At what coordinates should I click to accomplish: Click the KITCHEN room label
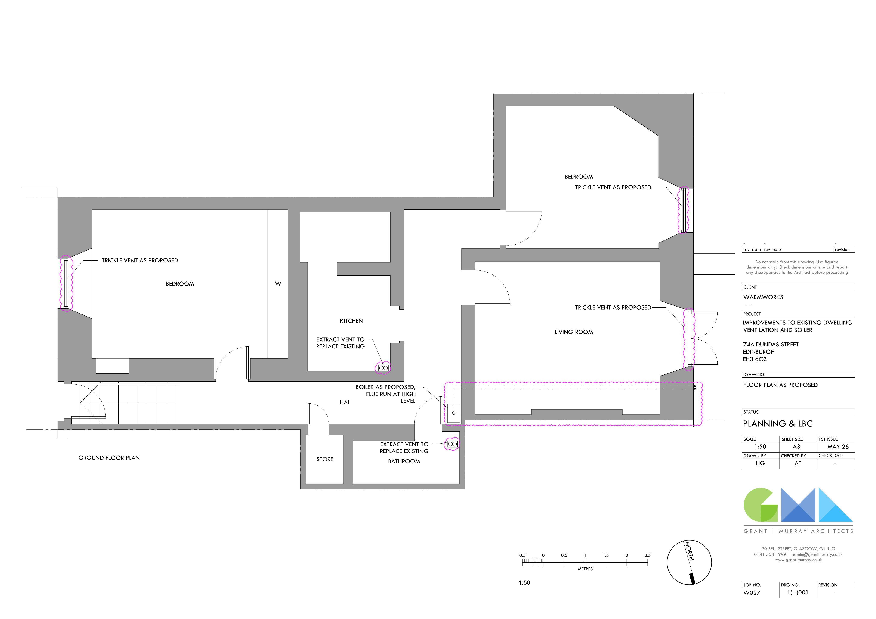pos(351,321)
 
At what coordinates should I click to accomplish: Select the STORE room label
pos(325,459)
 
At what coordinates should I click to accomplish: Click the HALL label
pos(346,402)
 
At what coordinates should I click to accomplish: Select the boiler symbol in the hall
pos(453,413)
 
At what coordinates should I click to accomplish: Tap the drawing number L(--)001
pos(798,593)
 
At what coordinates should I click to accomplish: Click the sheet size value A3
pos(796,447)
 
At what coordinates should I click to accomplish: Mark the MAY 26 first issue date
pos(838,447)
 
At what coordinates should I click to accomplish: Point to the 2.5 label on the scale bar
pos(647,555)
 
